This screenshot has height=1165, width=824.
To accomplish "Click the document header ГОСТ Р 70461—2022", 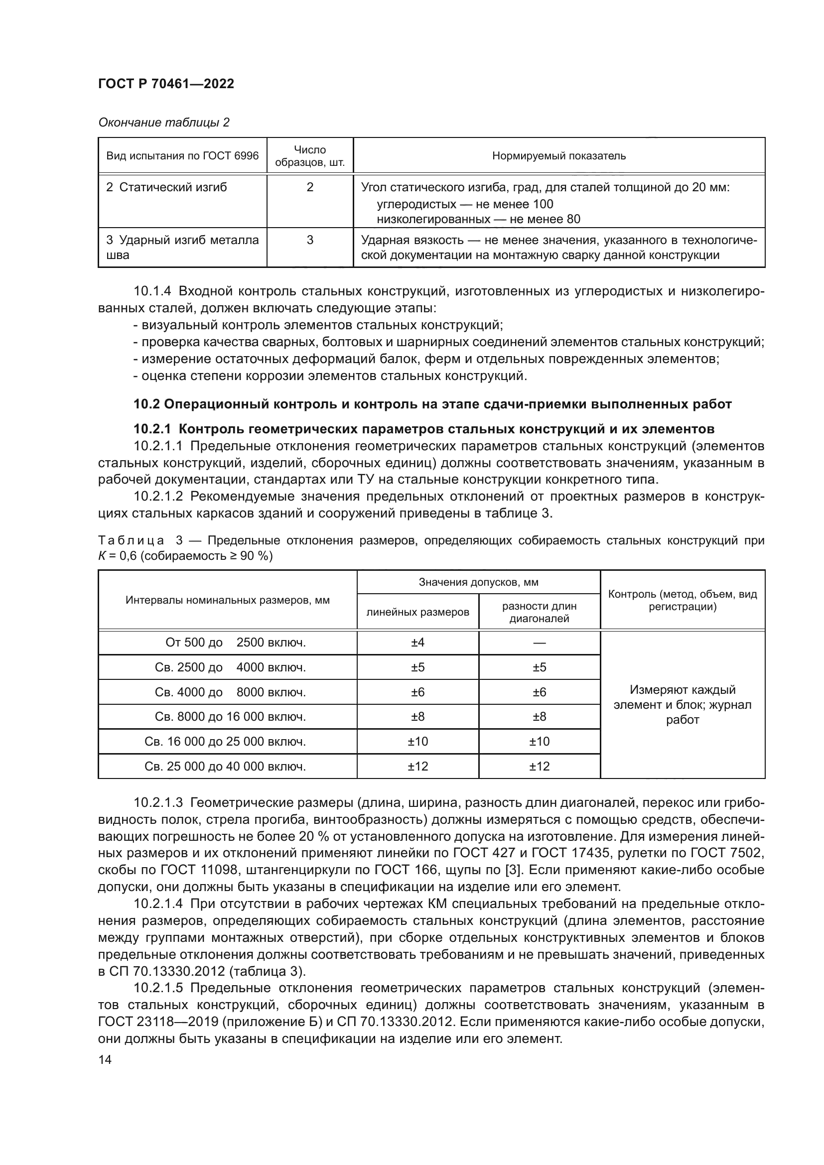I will [x=166, y=84].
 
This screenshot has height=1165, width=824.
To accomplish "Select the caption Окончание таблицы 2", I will [x=163, y=123].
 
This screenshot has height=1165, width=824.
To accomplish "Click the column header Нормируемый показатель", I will [x=558, y=156].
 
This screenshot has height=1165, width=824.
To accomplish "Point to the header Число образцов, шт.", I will [x=309, y=156].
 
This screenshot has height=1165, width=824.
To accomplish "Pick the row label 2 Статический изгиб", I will [x=167, y=187].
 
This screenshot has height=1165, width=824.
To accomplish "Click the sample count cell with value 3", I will [x=309, y=240].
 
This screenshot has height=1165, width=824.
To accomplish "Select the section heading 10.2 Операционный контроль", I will [x=432, y=404].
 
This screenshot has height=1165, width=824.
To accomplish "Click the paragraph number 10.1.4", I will [x=152, y=291].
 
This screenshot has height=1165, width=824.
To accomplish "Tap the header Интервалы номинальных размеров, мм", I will [x=227, y=600].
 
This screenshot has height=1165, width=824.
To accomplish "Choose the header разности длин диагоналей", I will [x=539, y=612].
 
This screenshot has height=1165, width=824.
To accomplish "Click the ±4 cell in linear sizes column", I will [x=417, y=643].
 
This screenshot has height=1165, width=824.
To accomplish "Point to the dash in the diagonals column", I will [x=539, y=643].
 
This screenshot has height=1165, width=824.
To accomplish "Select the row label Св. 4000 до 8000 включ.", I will [x=230, y=692].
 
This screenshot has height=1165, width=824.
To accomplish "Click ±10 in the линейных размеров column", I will [x=417, y=741].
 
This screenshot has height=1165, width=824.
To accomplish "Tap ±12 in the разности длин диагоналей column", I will [x=539, y=766].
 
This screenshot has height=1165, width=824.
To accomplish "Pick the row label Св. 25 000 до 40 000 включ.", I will [x=225, y=766].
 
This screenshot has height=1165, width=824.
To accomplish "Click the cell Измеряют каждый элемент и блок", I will [x=683, y=704].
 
